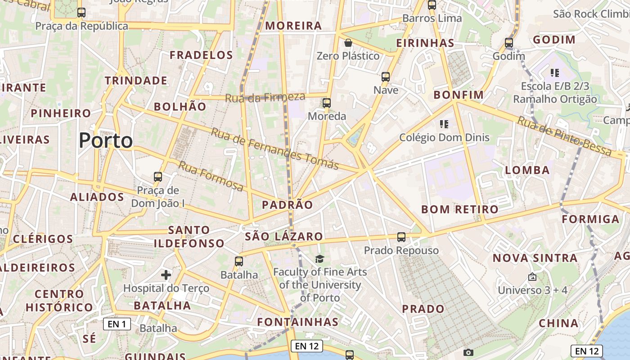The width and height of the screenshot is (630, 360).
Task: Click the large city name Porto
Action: click(x=106, y=141)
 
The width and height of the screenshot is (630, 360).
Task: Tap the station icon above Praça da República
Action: click(x=81, y=13)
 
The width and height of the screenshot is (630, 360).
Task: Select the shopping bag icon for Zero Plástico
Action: click(x=348, y=43)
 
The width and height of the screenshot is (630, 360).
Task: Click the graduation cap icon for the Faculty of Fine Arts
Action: click(x=319, y=259)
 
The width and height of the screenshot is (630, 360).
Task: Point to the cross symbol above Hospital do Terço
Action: click(x=166, y=274)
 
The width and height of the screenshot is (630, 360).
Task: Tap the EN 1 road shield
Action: click(x=117, y=324)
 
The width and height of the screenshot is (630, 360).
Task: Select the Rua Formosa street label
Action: click(x=211, y=175)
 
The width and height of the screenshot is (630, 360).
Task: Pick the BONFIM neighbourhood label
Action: click(x=458, y=95)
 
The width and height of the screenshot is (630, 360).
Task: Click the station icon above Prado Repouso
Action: click(x=401, y=237)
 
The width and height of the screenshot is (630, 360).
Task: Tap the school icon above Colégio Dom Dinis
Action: click(x=444, y=124)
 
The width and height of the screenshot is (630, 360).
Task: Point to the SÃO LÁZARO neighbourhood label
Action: click(x=283, y=237)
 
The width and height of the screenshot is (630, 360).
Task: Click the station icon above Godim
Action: click(x=509, y=43)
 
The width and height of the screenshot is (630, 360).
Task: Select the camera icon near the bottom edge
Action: click(x=468, y=352)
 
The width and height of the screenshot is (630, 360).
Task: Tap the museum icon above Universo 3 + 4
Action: click(x=532, y=277)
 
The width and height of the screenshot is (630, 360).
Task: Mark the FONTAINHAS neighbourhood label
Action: click(x=297, y=322)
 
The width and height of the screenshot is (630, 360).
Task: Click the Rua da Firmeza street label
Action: click(x=265, y=97)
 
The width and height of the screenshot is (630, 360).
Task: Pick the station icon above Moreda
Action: click(x=327, y=103)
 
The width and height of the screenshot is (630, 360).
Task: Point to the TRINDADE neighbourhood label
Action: click(x=136, y=81)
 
